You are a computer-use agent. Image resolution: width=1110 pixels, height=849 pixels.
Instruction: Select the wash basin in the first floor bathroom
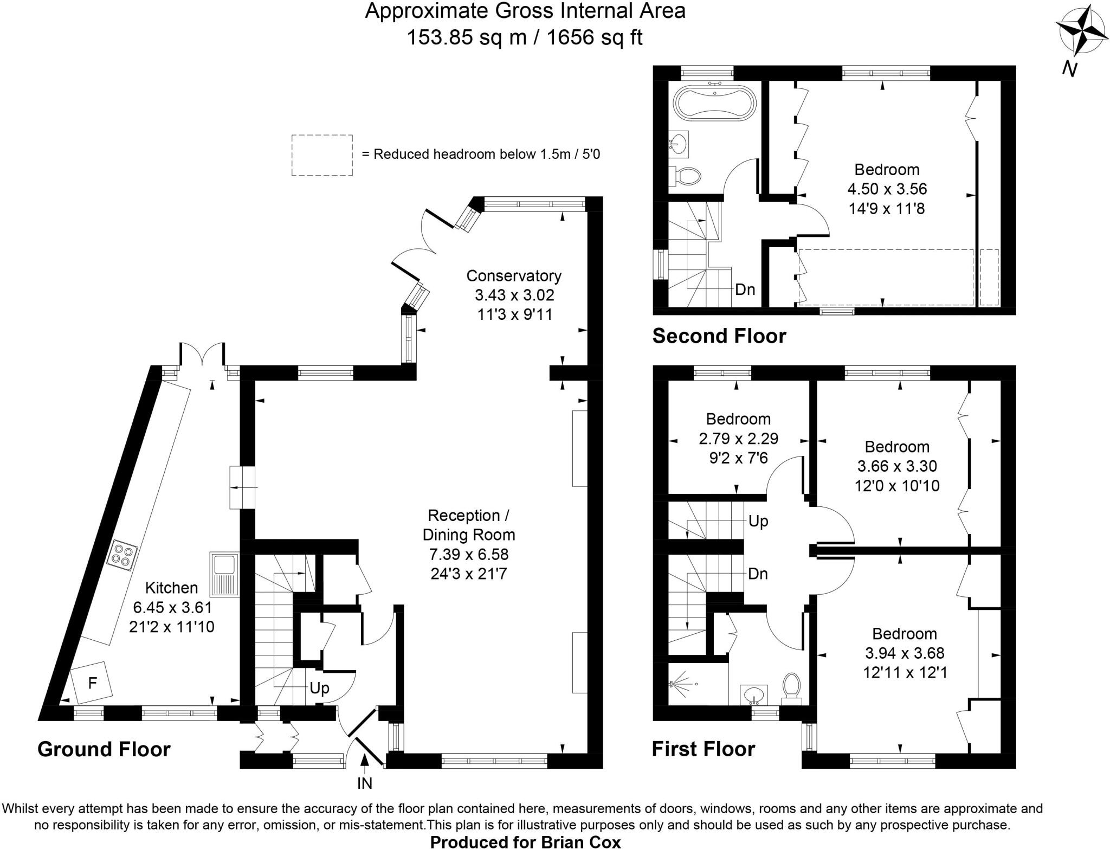coord(754,693)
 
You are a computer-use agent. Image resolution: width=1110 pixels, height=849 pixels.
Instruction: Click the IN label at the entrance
coord(365,783)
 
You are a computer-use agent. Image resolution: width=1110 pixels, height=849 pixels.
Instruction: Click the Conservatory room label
coord(514,276)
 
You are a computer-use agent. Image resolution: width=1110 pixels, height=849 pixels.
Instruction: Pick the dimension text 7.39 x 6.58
coord(469,554)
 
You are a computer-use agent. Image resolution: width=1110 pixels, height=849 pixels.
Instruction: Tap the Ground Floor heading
coord(104,749)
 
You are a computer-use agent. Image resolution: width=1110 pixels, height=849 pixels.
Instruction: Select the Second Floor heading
coord(719,336)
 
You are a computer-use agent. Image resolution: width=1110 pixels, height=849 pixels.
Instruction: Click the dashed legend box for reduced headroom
coord(322,155)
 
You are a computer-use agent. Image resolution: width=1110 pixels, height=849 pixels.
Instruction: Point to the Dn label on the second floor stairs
coord(745,290)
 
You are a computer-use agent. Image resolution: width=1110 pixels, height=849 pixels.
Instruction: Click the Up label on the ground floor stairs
coord(319,688)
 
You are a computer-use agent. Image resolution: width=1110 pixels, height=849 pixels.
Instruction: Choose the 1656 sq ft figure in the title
coord(595,37)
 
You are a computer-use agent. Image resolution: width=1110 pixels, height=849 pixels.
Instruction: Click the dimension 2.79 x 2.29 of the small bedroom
coord(738,438)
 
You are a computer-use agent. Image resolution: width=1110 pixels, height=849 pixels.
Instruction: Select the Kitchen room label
coord(171,588)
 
